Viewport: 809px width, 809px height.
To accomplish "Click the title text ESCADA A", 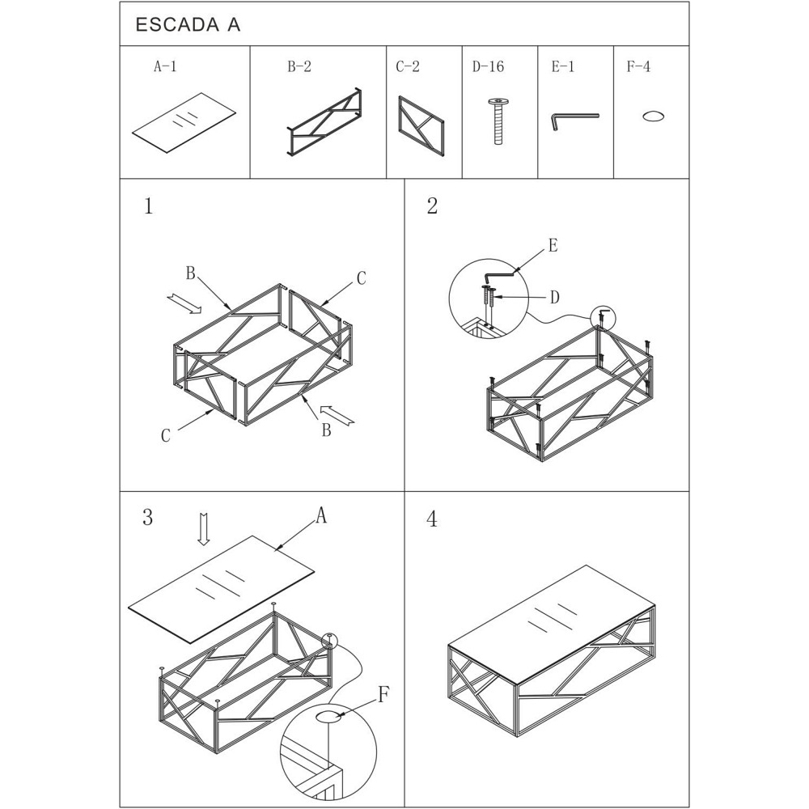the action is [188, 25].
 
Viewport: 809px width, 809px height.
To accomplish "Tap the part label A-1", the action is [165, 66].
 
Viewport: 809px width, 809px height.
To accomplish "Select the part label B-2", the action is [299, 66].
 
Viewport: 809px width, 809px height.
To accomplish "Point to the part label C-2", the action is [408, 66].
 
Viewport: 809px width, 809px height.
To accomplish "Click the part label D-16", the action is [488, 66].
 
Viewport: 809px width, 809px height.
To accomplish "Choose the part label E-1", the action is [563, 66].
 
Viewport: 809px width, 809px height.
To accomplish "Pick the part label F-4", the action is [638, 66].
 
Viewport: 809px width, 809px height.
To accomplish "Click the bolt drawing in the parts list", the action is [498, 121].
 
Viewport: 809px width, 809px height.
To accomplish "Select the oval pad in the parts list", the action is [653, 116].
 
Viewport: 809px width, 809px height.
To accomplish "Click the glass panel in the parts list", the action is [184, 123].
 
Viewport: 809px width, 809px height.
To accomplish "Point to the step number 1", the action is [149, 206].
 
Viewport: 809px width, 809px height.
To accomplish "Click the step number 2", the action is [432, 205].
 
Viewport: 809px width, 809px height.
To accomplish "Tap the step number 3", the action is [147, 517].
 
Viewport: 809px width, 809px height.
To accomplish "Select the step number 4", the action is [432, 519].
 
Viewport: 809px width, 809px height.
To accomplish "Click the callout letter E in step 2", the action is [553, 246].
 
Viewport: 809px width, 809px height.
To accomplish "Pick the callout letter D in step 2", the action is [555, 297].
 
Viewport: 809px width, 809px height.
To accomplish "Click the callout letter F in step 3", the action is [383, 695].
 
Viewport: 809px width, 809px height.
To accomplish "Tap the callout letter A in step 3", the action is [321, 515].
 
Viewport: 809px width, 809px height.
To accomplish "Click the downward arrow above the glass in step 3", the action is [205, 529].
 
